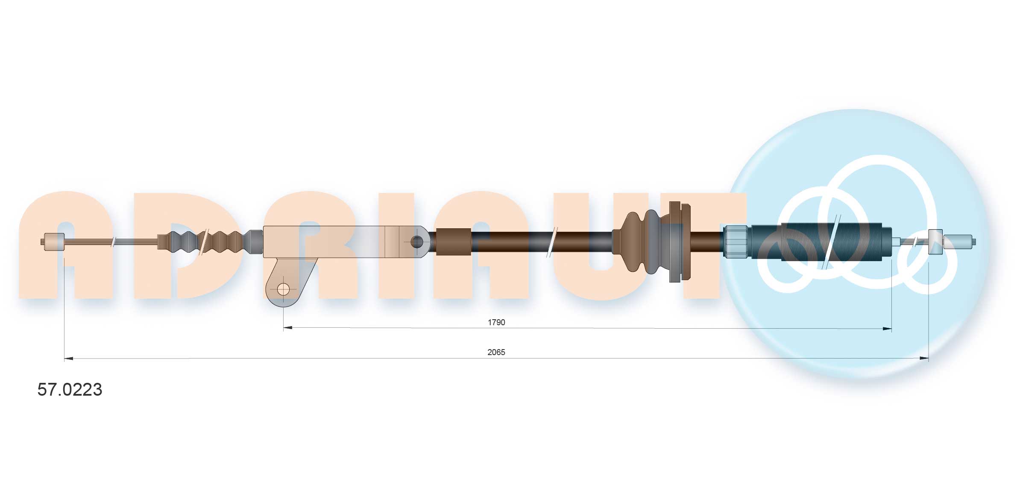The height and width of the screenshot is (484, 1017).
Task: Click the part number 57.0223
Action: pos(70,389)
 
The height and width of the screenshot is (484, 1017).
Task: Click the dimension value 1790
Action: pos(496,322)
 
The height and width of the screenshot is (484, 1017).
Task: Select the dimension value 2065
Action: pos(496,352)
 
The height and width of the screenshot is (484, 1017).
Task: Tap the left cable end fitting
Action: pos(53,242)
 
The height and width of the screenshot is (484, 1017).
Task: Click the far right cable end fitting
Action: pos(959,242)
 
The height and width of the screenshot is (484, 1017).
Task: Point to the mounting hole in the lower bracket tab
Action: pos(283,290)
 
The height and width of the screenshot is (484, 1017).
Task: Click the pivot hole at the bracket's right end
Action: pos(416,242)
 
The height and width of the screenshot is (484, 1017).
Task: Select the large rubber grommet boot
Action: pos(641,242)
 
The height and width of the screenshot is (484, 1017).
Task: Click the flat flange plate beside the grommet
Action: pos(680,242)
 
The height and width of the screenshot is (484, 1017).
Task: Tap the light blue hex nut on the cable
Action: pos(736,242)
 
